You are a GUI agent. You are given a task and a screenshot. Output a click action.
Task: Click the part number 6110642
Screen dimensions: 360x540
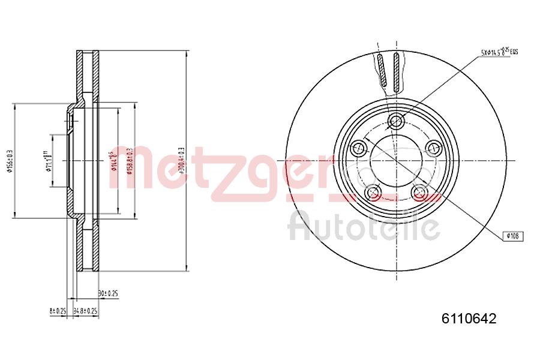469,319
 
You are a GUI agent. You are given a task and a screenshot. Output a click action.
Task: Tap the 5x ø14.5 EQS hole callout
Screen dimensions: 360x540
499,53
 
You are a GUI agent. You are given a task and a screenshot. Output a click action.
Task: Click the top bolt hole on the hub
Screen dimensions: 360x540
395,121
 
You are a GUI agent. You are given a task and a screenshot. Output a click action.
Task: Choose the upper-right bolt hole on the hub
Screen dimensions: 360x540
433,148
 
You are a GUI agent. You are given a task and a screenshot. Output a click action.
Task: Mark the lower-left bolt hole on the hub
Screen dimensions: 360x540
373,192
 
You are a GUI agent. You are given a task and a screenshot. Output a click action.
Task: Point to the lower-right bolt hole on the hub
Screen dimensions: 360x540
419,192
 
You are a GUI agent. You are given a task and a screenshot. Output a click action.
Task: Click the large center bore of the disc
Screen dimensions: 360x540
395,161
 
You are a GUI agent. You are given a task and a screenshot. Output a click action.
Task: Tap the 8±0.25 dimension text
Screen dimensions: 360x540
57,311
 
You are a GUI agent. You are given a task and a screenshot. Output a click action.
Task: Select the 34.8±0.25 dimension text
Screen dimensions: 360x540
85,311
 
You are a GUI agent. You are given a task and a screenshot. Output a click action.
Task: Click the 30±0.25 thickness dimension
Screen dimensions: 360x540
108,293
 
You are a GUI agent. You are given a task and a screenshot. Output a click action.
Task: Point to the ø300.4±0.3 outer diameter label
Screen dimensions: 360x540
181,160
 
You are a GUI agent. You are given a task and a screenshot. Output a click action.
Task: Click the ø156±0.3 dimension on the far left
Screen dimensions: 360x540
9,160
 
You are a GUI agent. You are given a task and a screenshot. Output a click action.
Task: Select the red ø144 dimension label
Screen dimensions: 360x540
112,160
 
